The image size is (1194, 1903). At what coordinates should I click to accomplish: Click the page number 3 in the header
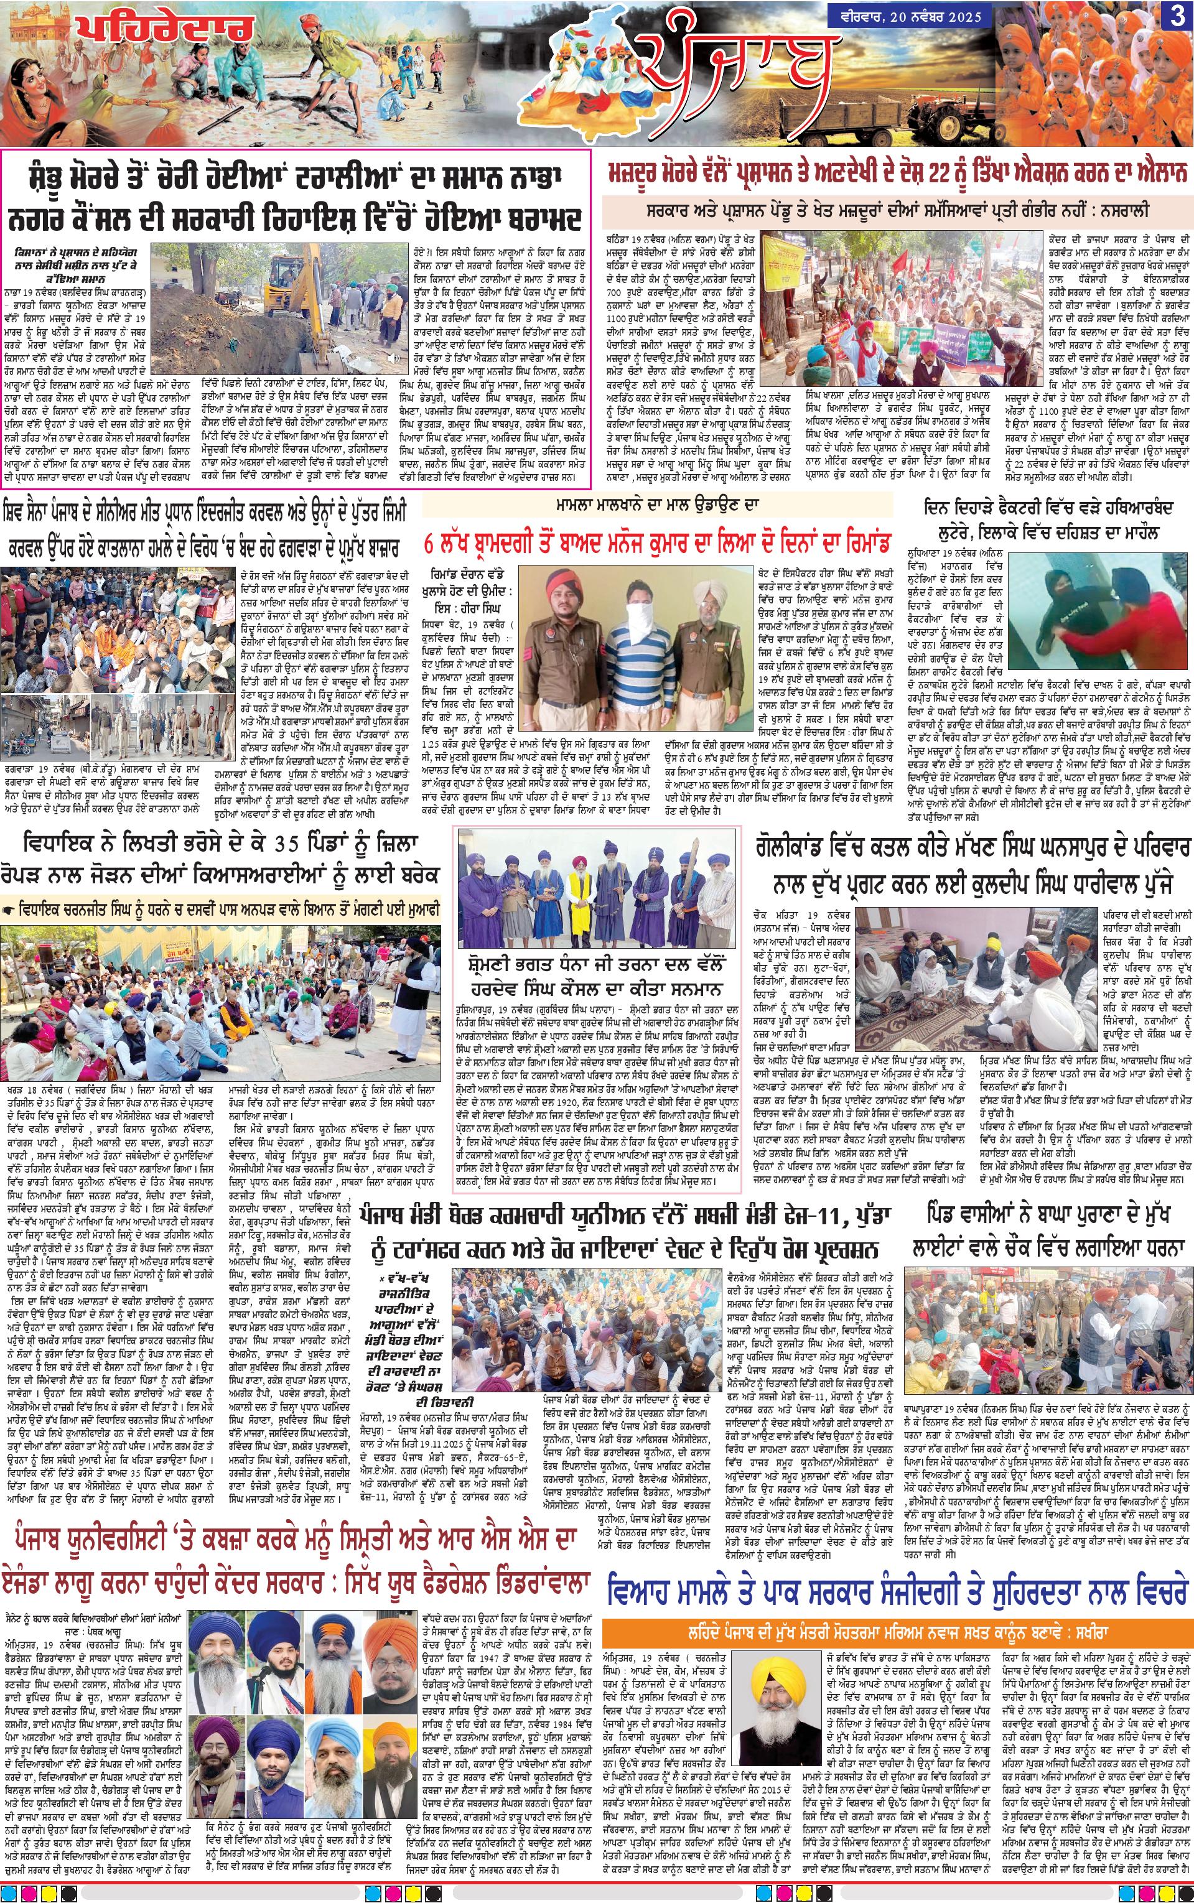pos(1176,18)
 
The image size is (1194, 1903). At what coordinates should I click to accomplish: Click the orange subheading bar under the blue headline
pos(897,1606)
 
